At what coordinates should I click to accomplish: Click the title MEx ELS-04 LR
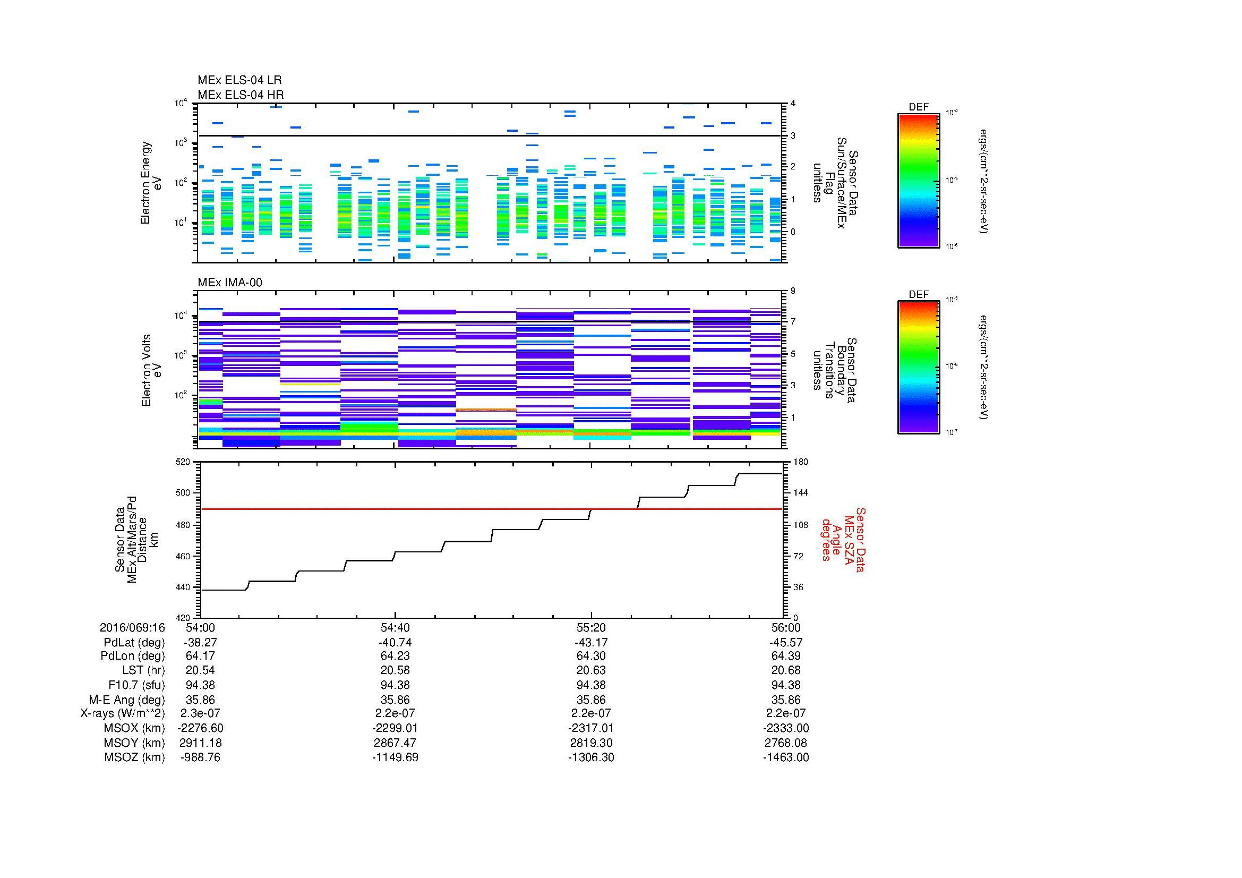[239, 80]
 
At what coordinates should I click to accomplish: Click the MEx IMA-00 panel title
[230, 283]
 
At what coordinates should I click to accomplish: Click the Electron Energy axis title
[151, 183]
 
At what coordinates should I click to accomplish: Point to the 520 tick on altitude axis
[183, 462]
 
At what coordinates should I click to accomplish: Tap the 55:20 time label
[592, 627]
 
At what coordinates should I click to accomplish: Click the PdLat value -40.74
[395, 643]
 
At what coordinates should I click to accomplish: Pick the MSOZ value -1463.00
[785, 757]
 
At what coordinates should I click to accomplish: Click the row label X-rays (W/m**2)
[122, 713]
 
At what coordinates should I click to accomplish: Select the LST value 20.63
[590, 670]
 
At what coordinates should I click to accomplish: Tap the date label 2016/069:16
[132, 627]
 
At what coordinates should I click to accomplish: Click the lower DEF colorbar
[918, 368]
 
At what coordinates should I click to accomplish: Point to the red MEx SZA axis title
[843, 539]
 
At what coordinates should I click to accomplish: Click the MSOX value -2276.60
[200, 728]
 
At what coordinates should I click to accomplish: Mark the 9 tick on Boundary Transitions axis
[793, 291]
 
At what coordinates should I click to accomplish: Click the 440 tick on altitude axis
[183, 587]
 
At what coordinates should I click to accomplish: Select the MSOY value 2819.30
[590, 743]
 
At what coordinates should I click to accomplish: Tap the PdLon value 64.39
[785, 655]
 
